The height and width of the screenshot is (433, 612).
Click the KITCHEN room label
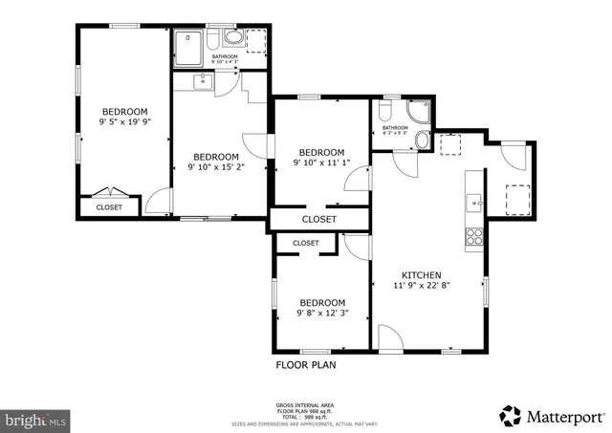click(421, 273)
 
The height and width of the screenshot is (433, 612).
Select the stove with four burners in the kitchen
click(473, 237)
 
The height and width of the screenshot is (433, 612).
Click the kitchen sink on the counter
click(473, 203)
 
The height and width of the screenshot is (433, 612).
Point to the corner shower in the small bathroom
click(419, 115)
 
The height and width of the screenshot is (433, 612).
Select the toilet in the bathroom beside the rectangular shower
click(231, 39)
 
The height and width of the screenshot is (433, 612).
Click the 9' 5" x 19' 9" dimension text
click(125, 122)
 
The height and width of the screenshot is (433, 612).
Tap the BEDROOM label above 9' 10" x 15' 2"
click(216, 157)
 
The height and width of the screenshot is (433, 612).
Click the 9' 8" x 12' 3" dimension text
click(320, 312)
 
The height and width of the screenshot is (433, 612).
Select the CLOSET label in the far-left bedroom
click(109, 206)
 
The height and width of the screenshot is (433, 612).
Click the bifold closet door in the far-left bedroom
click(111, 191)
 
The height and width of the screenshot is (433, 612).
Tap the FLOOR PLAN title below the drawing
click(306, 364)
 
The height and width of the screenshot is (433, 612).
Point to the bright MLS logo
click(36, 419)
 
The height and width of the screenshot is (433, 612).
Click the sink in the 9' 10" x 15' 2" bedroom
click(203, 81)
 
